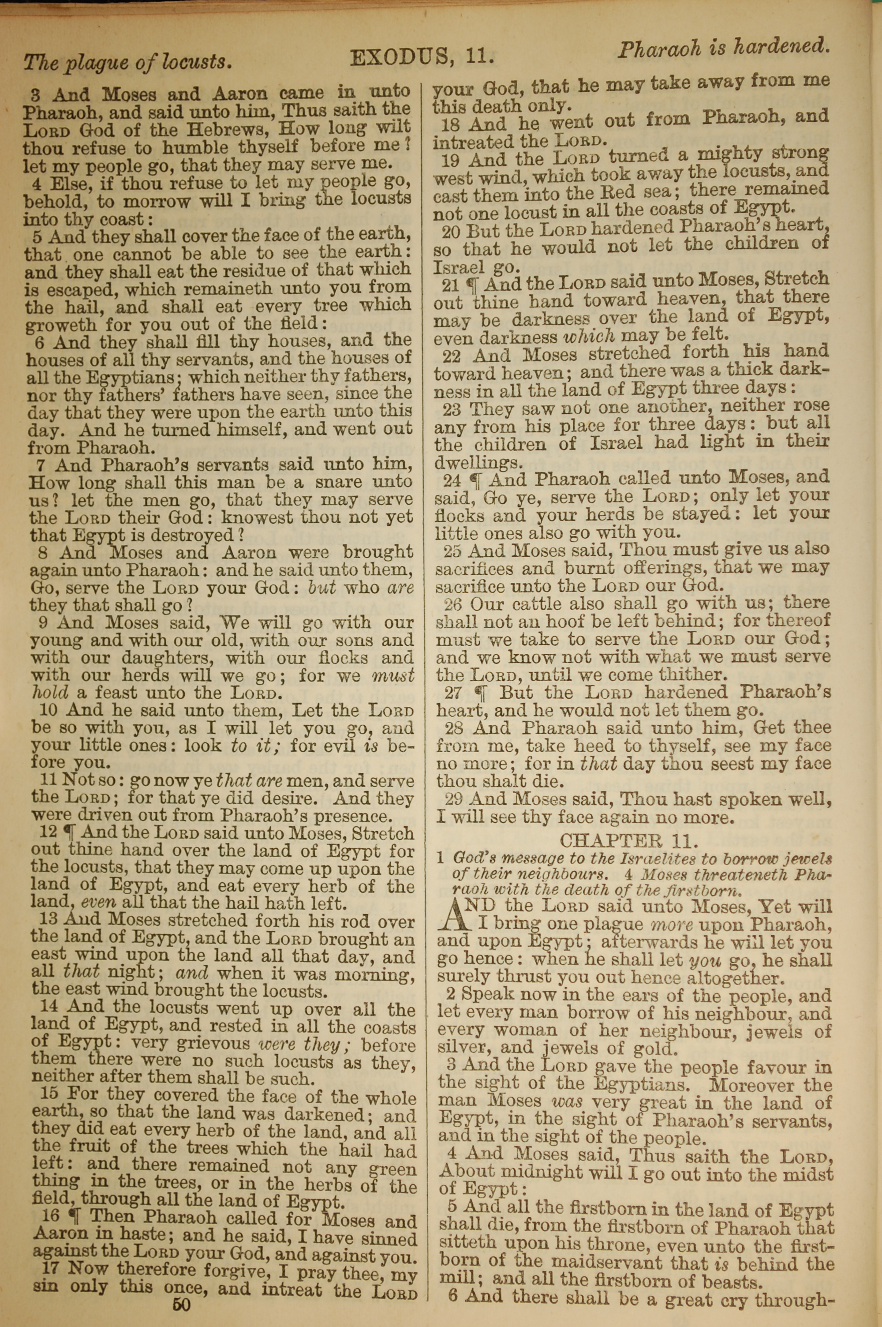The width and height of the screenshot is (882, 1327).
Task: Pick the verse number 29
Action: [454, 800]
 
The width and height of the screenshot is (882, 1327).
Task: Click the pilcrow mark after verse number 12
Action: [72, 833]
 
